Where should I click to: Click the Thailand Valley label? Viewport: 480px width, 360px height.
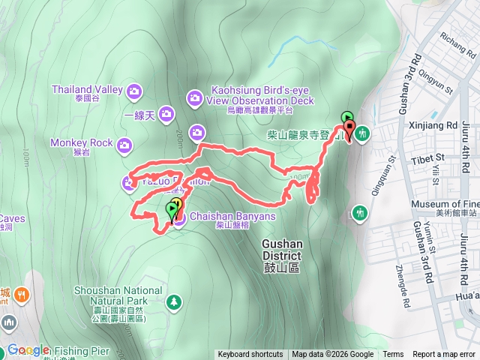(x=87, y=89)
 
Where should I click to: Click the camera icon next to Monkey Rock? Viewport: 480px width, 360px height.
(x=124, y=143)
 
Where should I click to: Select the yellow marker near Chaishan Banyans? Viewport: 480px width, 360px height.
(x=178, y=203)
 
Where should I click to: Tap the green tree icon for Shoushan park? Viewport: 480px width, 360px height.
(x=174, y=301)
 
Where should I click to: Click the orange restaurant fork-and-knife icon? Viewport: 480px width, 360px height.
(x=22, y=295)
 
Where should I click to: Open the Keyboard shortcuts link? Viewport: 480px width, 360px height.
(x=250, y=355)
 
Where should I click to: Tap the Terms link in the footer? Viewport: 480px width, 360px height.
(x=393, y=355)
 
